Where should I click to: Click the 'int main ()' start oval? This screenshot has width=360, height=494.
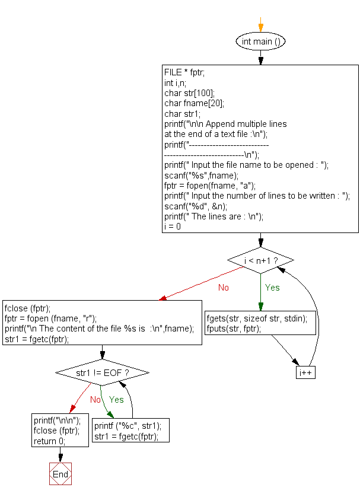260,42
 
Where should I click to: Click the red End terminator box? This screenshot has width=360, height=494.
60,474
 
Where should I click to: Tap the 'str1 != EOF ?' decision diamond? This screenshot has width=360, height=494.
102,373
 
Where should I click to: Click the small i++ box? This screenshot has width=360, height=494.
306,372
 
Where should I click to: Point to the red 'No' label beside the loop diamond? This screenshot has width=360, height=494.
224,288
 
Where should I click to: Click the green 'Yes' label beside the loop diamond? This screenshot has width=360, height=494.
272,288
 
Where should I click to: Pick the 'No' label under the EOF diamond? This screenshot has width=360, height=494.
95,400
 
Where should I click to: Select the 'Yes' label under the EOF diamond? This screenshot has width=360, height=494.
116,400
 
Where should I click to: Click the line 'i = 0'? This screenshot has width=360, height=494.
173,227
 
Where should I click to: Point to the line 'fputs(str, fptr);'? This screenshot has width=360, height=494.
234,328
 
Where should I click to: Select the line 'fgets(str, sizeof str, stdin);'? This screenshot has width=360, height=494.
257,318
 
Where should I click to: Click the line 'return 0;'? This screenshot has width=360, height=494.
50,441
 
